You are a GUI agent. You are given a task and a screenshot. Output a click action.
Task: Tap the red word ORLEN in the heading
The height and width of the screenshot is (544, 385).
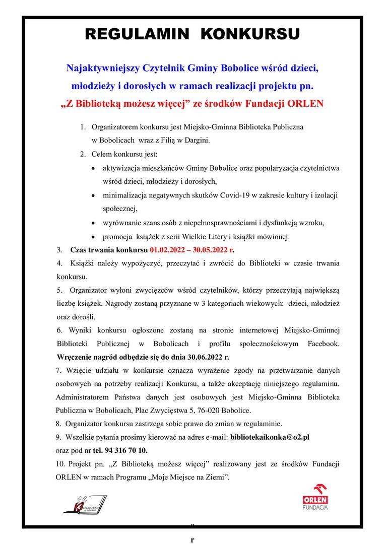tap(304, 104)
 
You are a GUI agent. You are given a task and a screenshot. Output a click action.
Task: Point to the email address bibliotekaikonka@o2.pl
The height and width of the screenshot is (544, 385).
tap(269, 437)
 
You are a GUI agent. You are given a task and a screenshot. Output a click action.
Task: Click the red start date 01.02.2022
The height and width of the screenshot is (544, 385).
tap(168, 250)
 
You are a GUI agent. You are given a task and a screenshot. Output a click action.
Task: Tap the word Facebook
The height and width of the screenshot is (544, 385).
tap(323, 344)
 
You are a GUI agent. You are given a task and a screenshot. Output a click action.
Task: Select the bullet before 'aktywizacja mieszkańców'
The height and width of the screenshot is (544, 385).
tap(94, 168)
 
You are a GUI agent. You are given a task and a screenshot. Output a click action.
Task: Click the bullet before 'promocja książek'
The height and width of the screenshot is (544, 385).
tap(94, 237)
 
